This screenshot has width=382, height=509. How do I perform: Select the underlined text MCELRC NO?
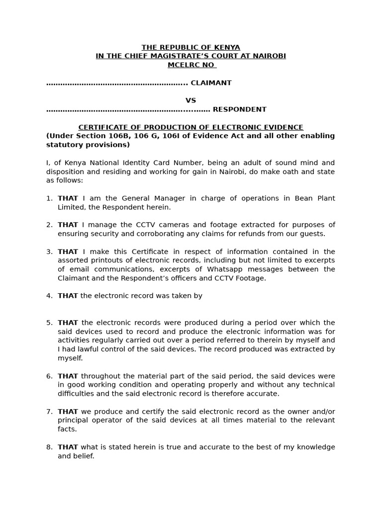click(x=191, y=65)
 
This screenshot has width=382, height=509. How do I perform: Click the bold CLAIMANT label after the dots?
click(x=211, y=83)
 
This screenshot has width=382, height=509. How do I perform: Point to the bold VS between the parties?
click(x=191, y=100)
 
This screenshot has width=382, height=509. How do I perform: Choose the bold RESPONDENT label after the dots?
click(x=239, y=109)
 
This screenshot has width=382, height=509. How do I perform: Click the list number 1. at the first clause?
click(x=49, y=198)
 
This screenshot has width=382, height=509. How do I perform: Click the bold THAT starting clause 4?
click(x=68, y=296)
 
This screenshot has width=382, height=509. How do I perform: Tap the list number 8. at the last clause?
click(x=49, y=447)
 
